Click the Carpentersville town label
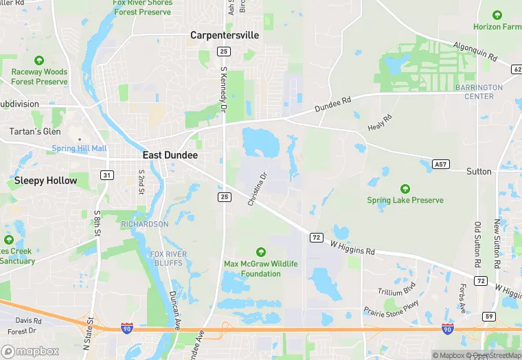point(225,34)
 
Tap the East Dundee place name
point(170,155)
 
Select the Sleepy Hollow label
point(46,181)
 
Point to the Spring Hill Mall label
point(80,148)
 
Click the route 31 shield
point(107,175)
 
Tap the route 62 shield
point(517,69)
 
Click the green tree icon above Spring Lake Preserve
point(405,188)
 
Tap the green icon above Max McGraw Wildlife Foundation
point(260,252)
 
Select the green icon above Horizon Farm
point(497,15)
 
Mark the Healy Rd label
point(379,123)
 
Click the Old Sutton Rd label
point(477,245)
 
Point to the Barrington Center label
point(479,92)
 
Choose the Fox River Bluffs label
point(168,258)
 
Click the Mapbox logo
point(31,351)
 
